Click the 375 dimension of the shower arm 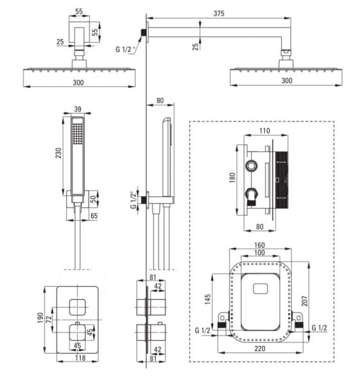point(219,13)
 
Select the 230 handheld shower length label point(59,153)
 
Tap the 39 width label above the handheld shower point(78,109)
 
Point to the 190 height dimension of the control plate point(40,318)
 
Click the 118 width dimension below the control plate point(80,358)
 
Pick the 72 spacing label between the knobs point(49,319)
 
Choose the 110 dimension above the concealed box point(264,131)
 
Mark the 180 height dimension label point(232,177)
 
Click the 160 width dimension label point(259,245)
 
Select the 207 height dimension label point(305,301)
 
